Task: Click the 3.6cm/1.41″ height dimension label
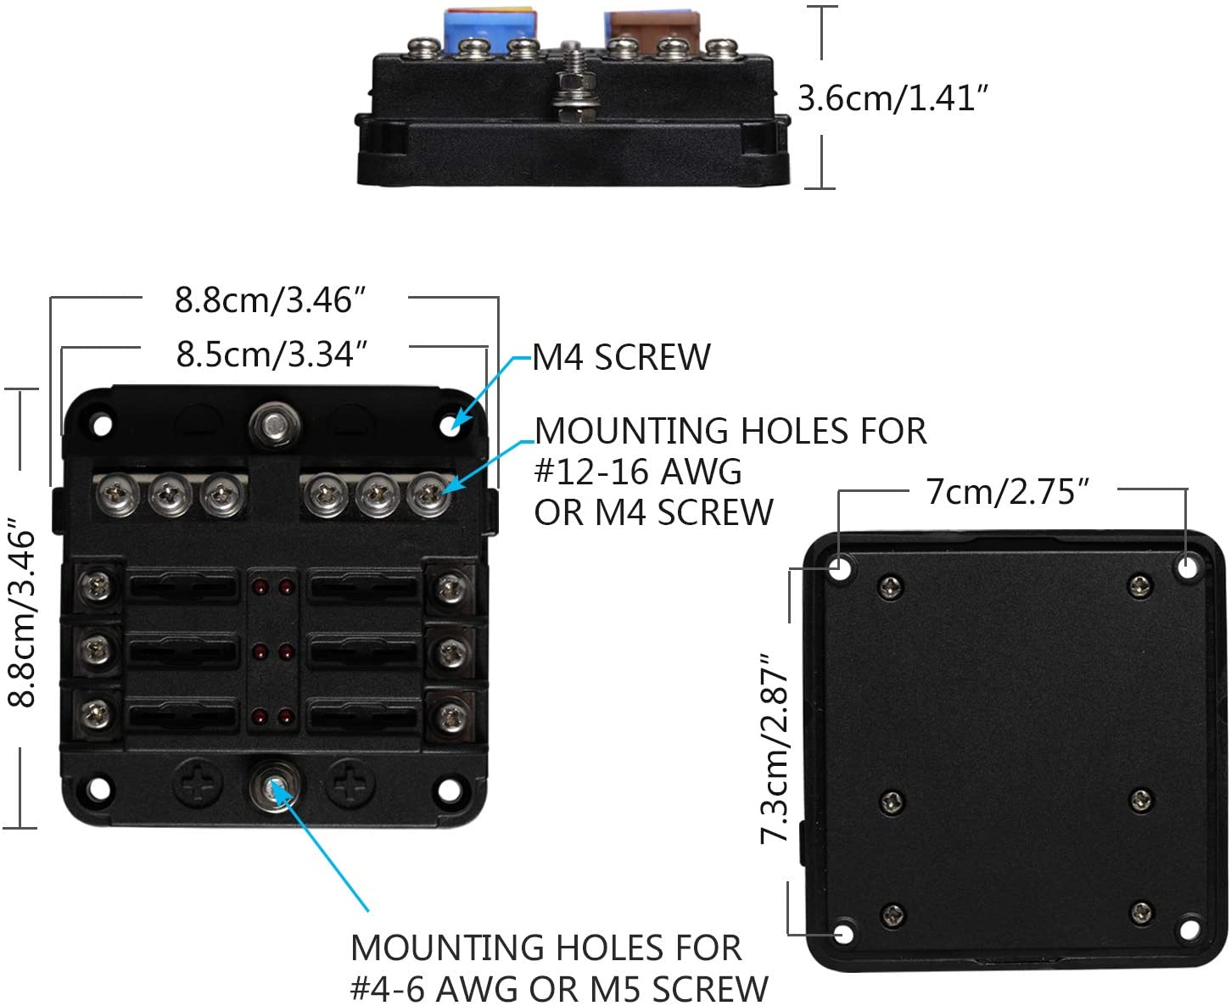pyautogui.click(x=892, y=98)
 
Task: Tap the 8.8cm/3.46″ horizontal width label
pyautogui.click(x=270, y=300)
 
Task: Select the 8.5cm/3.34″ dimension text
pyautogui.click(x=271, y=355)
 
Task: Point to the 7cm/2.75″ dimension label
pyautogui.click(x=1007, y=491)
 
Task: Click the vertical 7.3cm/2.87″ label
pyautogui.click(x=775, y=749)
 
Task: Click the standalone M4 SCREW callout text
pyautogui.click(x=622, y=357)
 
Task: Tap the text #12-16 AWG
pyautogui.click(x=637, y=472)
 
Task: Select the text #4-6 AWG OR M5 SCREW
pyautogui.click(x=559, y=988)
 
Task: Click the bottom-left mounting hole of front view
pyautogui.click(x=99, y=788)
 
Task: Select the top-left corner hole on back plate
pyautogui.click(x=840, y=567)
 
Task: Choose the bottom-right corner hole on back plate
pyautogui.click(x=1189, y=930)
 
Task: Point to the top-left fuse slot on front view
pyautogui.click(x=182, y=585)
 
